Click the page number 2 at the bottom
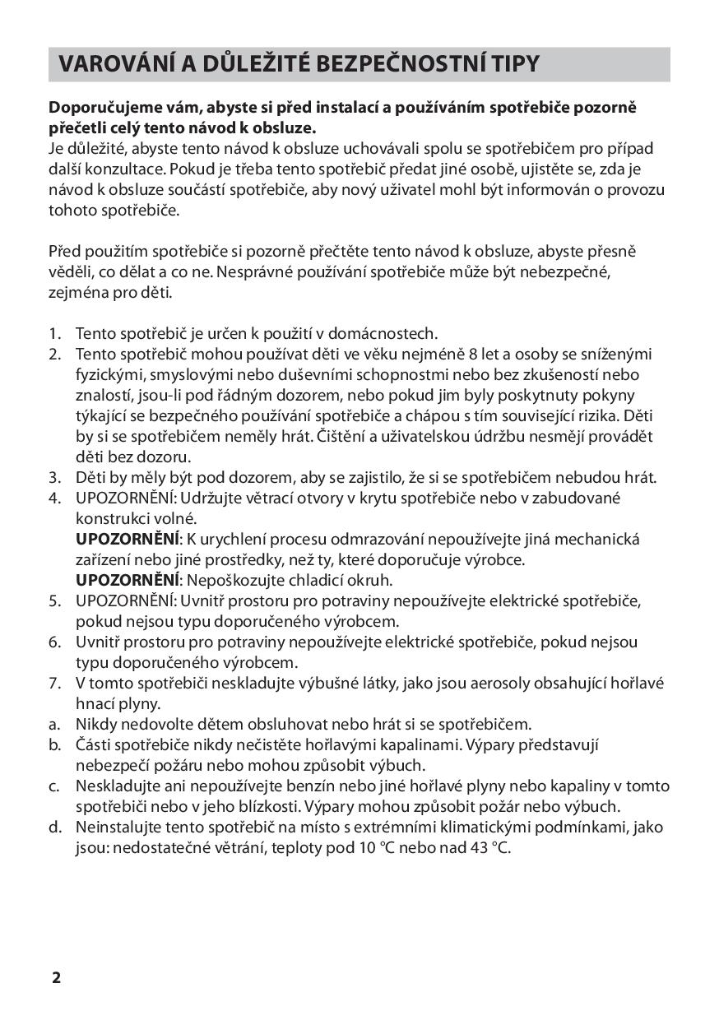56,977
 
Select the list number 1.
54,333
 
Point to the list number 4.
54,498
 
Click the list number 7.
54,683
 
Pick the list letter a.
54,724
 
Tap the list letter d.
54,827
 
